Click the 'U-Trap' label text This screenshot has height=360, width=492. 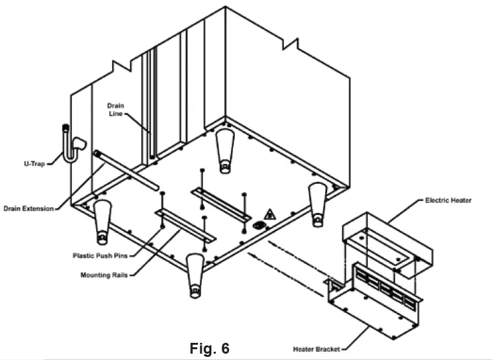pos(29,163)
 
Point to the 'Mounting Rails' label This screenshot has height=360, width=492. pos(106,275)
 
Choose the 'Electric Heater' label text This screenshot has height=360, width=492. pos(448,200)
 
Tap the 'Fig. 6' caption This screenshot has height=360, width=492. pos(209,348)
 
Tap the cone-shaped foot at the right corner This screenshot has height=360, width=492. pos(317,203)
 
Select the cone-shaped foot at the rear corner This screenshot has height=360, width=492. pos(223,151)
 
